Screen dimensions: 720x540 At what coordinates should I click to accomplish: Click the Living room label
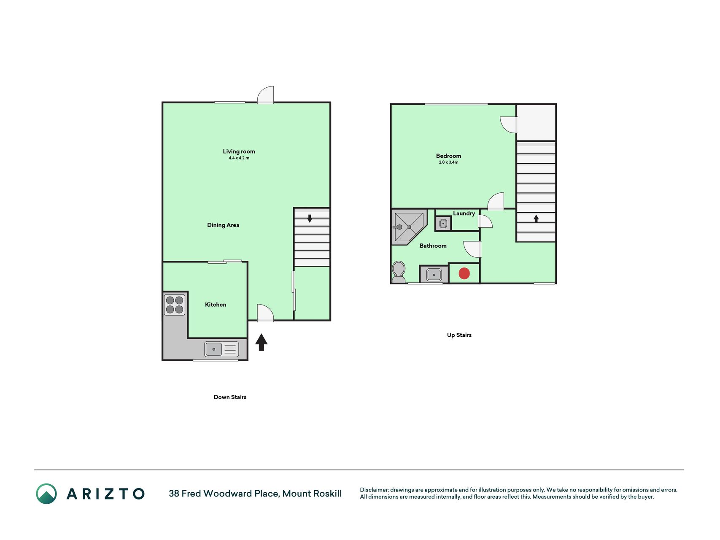239,151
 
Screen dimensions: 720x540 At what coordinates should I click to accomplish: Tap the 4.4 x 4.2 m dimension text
239,158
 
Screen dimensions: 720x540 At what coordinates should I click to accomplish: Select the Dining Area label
223,225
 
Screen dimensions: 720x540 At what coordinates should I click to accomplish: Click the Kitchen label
216,305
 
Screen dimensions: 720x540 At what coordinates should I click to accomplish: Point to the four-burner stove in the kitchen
175,305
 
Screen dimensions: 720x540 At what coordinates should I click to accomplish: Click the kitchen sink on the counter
221,349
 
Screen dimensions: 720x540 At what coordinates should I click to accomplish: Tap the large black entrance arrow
262,342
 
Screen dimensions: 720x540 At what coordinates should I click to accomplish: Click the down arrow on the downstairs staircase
310,219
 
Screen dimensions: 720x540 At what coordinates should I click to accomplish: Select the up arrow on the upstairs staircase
536,219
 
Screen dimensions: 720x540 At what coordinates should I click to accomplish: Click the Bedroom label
448,156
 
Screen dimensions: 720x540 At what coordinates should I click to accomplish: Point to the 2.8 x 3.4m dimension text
448,162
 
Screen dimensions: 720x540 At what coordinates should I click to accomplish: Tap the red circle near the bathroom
464,273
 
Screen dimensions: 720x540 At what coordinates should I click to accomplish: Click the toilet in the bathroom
399,272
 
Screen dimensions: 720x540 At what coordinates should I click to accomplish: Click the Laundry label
464,213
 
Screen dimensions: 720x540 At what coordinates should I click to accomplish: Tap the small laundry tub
443,224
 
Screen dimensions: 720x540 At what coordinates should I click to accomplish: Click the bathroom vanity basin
434,275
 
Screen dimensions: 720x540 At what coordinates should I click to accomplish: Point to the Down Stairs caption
230,397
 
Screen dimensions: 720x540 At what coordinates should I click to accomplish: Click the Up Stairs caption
459,335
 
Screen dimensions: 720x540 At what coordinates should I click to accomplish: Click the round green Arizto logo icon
46,494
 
